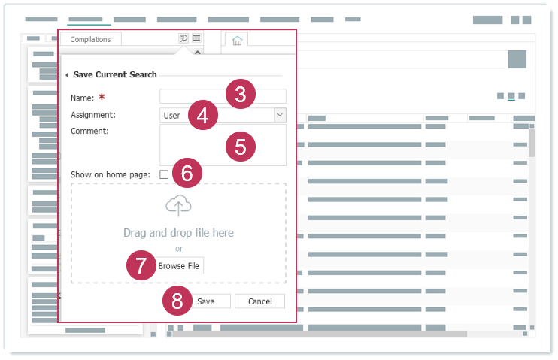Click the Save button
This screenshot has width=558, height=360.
click(209, 301)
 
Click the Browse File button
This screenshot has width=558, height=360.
click(179, 266)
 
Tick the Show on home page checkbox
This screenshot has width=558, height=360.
click(164, 174)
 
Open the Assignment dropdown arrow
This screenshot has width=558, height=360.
click(280, 115)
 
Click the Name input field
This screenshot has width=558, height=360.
click(223, 96)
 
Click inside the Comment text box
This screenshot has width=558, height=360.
click(223, 145)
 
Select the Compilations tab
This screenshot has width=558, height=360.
click(90, 39)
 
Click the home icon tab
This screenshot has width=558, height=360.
click(237, 41)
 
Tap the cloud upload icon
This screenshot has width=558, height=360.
click(178, 206)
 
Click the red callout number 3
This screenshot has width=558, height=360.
click(241, 94)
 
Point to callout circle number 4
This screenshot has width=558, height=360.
click(203, 115)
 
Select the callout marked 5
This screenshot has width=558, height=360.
click(241, 147)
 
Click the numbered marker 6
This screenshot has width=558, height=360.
click(187, 173)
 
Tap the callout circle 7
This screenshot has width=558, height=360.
click(141, 265)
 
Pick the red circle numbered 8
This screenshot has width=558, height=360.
click(177, 301)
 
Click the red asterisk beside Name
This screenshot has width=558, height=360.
click(102, 97)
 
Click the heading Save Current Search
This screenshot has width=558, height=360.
click(115, 74)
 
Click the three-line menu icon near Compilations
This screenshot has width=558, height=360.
click(196, 38)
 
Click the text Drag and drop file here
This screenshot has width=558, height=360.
click(179, 233)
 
